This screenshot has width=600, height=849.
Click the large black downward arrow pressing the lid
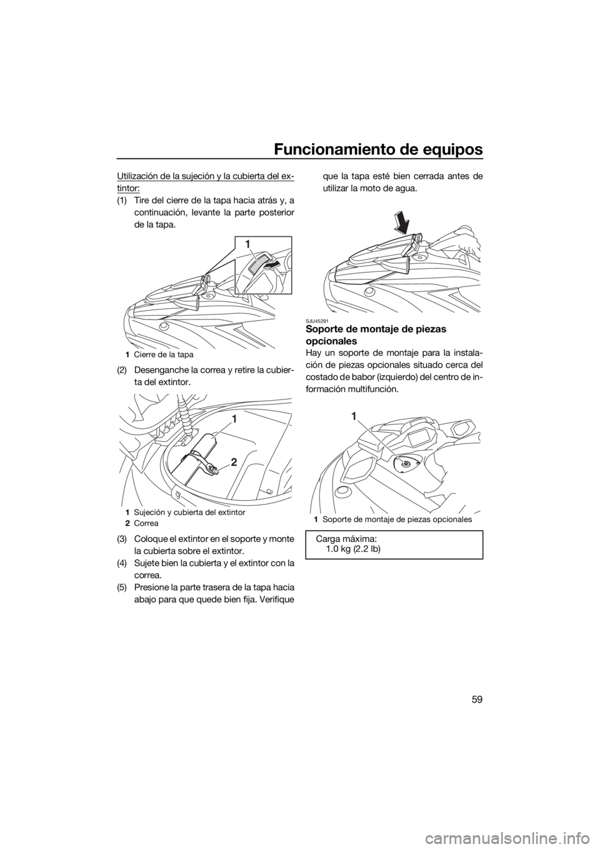coord(402,222)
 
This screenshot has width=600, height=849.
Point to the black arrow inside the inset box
coord(272,264)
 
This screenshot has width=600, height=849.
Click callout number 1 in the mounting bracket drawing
coord(353,416)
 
